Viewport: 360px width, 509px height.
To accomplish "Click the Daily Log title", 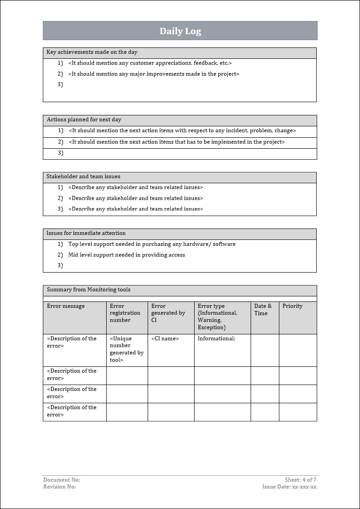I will click(x=180, y=31).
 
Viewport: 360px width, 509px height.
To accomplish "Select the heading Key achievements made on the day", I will click(x=92, y=52).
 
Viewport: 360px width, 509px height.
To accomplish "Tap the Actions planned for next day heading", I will click(x=84, y=120).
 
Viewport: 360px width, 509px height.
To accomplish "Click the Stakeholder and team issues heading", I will click(x=83, y=177).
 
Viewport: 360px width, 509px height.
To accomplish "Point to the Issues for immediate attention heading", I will click(x=86, y=233).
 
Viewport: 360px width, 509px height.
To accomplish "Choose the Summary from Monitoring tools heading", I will click(x=88, y=290).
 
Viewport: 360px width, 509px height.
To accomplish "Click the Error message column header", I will click(x=66, y=306).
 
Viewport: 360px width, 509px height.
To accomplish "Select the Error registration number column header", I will click(x=125, y=313).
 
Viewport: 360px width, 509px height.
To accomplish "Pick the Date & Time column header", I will click(x=263, y=310).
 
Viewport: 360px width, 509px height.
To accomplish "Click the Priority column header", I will click(x=292, y=306).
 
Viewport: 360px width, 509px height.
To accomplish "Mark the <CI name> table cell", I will click(x=165, y=338).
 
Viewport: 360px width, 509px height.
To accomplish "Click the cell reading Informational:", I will click(x=216, y=338).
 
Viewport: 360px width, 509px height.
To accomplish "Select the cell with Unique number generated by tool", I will click(x=127, y=349).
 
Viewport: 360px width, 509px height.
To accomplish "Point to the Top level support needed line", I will click(x=152, y=244).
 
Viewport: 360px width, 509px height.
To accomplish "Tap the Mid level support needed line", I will click(x=127, y=255).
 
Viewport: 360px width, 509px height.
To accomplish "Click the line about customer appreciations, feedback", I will click(x=150, y=63).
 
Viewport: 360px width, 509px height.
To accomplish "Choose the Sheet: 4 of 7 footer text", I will click(x=300, y=480).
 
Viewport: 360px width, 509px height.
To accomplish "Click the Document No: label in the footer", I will click(x=62, y=480).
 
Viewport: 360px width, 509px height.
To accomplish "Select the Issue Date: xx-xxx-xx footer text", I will click(x=289, y=487).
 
